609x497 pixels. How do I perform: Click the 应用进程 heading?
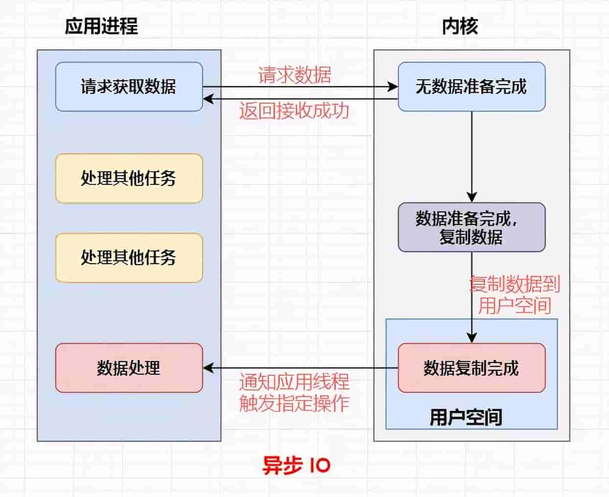[101, 26]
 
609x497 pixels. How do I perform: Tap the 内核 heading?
[460, 26]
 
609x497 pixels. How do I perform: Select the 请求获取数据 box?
[129, 87]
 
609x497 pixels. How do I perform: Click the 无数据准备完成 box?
[471, 87]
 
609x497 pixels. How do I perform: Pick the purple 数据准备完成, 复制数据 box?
[471, 227]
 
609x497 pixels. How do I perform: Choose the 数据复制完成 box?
[471, 368]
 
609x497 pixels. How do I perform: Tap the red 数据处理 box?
[129, 368]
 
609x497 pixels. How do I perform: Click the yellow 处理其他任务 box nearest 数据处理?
[129, 258]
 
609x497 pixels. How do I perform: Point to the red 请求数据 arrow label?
[295, 75]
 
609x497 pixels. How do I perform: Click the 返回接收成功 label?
[294, 111]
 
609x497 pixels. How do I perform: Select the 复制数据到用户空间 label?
[514, 295]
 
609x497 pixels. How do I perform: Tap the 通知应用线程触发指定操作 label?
[294, 393]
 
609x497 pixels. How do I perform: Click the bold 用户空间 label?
[466, 417]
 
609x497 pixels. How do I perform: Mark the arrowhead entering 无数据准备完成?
[393, 87]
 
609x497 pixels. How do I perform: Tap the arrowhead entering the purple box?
[471, 197]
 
